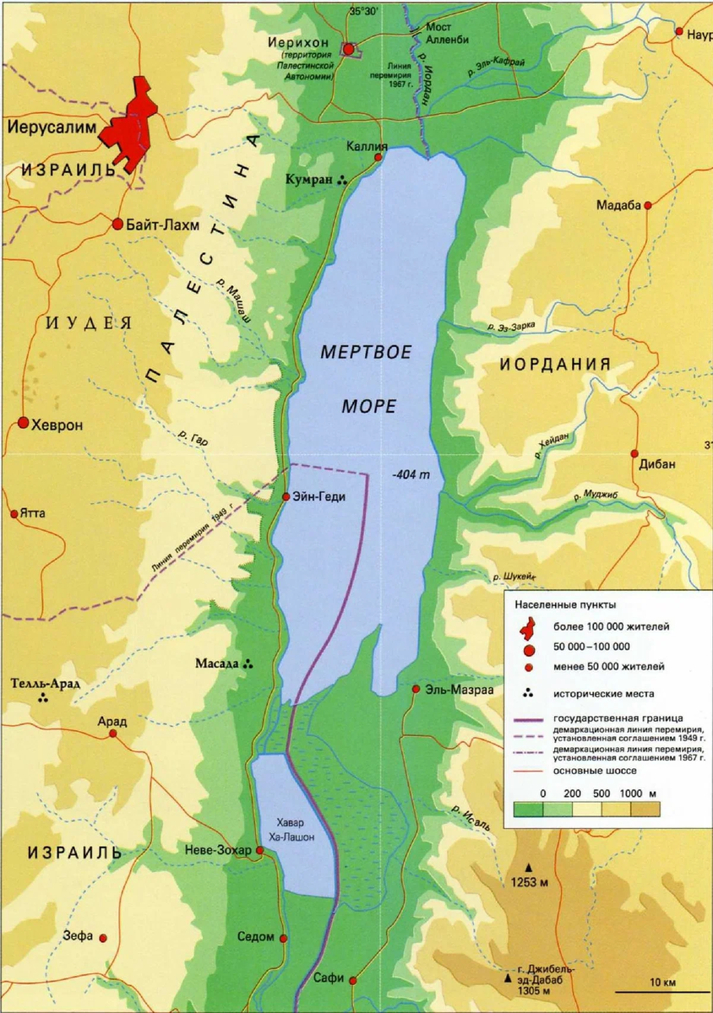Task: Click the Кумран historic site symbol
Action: pos(342,180)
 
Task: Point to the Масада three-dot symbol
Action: pos(248,664)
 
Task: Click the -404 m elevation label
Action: pos(411,475)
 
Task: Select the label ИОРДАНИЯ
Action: pos(554,364)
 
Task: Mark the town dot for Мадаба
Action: pos(648,205)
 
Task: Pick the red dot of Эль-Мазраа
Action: pos(416,689)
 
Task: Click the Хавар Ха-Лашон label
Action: pos(290,829)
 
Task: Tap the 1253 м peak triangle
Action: pos(531,867)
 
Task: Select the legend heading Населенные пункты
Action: pos(565,604)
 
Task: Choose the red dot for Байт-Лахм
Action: pos(117,225)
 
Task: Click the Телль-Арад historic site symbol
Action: pos(43,698)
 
